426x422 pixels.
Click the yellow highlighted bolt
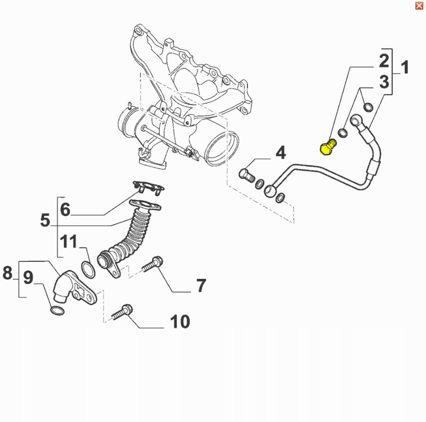click(327, 147)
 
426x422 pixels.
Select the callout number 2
click(383, 61)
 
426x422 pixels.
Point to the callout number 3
click(384, 83)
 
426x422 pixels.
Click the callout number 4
click(281, 152)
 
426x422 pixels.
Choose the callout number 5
click(45, 220)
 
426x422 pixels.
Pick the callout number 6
click(65, 210)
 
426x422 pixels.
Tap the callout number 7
click(200, 285)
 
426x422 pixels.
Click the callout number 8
click(7, 273)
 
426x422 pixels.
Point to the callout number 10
click(180, 321)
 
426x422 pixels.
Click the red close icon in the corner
click(419, 5)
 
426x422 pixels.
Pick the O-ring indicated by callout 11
click(88, 270)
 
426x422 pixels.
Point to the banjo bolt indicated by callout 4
click(246, 175)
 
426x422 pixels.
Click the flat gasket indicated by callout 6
click(148, 187)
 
